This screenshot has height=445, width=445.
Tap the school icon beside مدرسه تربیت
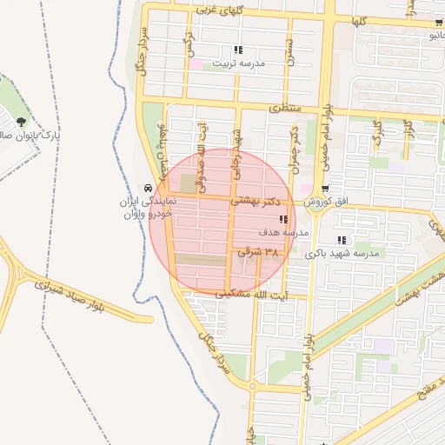(x=238, y=50)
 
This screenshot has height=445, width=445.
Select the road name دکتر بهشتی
(x=261, y=201)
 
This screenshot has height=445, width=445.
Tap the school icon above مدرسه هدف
(x=283, y=220)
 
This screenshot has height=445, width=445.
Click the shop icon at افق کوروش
(x=325, y=189)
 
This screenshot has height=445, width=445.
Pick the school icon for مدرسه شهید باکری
(x=342, y=240)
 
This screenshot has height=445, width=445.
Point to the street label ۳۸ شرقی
(x=261, y=252)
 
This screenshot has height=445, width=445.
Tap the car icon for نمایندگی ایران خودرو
(x=149, y=188)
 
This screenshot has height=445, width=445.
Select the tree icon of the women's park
(x=20, y=123)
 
